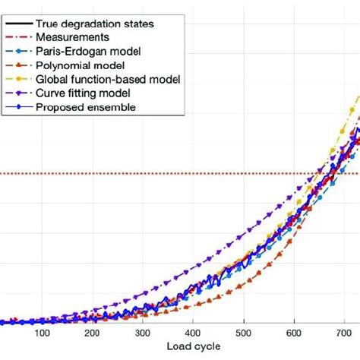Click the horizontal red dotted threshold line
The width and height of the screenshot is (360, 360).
click(x=152, y=173)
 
